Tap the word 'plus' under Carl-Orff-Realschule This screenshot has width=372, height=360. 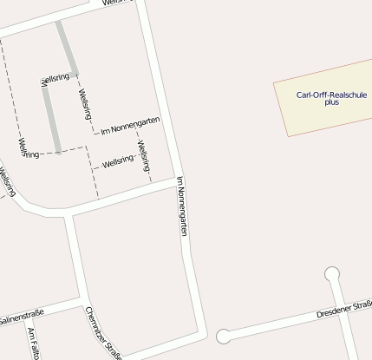(x=331, y=102)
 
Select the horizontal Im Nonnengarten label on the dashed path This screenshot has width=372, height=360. (x=130, y=128)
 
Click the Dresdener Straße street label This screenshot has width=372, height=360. (x=344, y=308)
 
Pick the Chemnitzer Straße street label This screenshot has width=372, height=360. (x=103, y=333)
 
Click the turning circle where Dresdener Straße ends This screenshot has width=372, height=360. (x=224, y=336)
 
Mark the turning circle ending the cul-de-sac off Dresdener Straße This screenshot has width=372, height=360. (x=331, y=275)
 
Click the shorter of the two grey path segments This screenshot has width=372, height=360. (x=68, y=47)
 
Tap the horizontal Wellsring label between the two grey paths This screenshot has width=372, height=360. (x=55, y=79)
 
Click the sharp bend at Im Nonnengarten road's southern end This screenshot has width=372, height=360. (x=203, y=331)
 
